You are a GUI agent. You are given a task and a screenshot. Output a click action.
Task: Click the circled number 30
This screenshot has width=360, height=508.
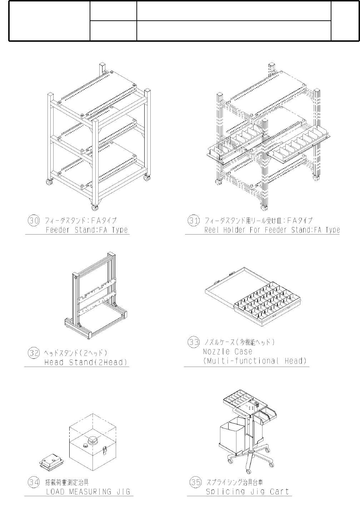(34, 220)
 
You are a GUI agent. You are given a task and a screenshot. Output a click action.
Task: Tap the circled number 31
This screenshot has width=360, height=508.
(193, 220)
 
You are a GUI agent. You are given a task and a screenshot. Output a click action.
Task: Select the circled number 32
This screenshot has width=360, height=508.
(34, 353)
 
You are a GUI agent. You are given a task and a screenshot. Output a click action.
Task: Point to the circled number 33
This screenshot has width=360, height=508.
(193, 342)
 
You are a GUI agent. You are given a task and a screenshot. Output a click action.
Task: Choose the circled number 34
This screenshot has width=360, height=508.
(34, 483)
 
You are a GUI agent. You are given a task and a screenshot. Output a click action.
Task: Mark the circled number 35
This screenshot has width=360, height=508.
(195, 482)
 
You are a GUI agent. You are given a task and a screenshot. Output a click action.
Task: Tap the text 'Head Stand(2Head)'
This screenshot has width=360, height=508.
(86, 363)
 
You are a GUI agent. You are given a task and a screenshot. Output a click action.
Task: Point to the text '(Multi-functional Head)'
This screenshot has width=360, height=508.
(255, 361)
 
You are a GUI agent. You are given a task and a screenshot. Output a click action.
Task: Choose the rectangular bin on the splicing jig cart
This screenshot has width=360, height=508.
(232, 435)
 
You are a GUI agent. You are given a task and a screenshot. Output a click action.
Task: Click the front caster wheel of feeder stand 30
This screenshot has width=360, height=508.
(95, 207)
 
